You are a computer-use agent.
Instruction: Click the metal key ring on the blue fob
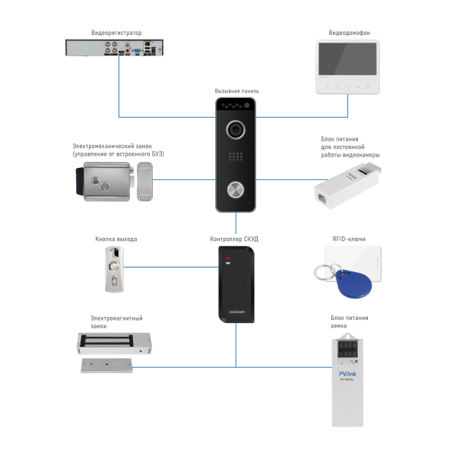point(325,270)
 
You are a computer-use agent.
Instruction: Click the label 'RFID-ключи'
point(349,239)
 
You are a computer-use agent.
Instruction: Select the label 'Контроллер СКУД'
point(234,239)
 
